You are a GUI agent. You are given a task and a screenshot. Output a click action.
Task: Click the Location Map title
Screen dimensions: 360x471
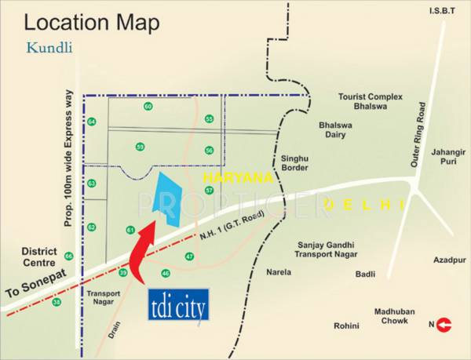92,23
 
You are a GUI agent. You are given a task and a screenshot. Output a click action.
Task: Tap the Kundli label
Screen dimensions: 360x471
49,47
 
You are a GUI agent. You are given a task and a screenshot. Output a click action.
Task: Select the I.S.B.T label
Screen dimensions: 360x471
440,10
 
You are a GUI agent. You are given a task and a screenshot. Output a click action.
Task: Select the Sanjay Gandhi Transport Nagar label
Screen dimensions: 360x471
326,249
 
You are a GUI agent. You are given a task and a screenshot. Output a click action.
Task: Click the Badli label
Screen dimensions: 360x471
365,275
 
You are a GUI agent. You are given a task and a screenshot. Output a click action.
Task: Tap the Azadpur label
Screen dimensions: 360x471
449,260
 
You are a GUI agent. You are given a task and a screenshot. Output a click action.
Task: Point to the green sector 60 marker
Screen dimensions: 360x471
148,107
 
